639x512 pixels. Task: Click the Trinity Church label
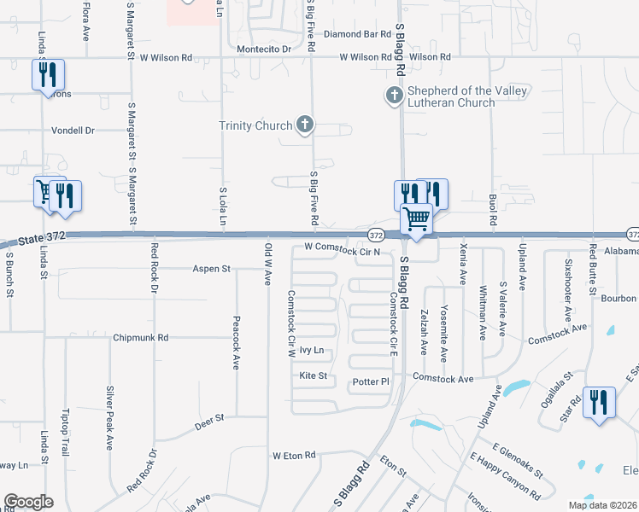(x=255, y=126)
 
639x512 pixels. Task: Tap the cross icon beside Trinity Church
(x=304, y=125)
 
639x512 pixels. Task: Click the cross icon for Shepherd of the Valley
(x=395, y=96)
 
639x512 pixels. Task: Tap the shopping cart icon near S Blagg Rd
(x=417, y=218)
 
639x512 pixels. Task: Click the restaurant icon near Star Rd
(x=598, y=401)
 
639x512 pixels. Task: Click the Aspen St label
(x=213, y=269)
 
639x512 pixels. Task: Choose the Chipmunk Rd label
(x=141, y=338)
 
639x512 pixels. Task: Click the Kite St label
(x=314, y=375)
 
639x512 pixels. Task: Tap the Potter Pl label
(x=371, y=383)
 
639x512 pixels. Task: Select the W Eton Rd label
(x=294, y=455)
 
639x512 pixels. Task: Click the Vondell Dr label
(x=72, y=131)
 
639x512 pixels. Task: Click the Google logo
(x=28, y=502)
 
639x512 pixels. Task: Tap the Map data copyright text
(x=602, y=505)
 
